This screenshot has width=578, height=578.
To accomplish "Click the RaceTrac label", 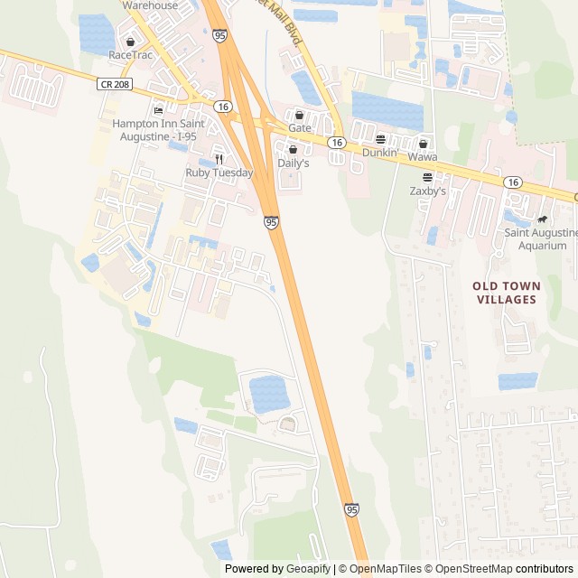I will tap(132, 55).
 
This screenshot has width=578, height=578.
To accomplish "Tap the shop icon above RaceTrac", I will tap(131, 42).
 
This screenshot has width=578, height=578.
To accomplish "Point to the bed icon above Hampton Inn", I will tap(159, 110).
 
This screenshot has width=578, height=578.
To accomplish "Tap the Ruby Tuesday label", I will tap(219, 172).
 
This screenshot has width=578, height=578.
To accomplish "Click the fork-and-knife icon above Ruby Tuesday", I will tap(219, 158).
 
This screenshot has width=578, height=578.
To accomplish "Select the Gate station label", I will tap(300, 128).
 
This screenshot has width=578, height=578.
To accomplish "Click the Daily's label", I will tap(293, 163).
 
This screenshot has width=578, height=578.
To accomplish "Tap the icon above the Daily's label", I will tap(293, 150).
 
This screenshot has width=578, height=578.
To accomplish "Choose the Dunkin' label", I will tap(380, 153).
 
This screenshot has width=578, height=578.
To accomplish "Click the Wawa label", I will tap(422, 157).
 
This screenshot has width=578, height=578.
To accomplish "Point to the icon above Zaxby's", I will tap(427, 177).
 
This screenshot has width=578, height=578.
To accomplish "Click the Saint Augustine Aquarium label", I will tap(541, 239).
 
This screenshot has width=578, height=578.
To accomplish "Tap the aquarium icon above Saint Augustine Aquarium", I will tap(542, 219).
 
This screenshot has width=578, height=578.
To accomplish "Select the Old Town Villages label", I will tap(505, 293).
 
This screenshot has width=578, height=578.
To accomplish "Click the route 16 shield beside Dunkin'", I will tap(337, 143).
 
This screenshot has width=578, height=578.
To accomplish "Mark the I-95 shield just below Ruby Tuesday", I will tap(271, 221).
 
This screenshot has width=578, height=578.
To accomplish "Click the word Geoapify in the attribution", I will tap(308, 569).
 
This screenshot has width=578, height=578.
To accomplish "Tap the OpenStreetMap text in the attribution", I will tap(471, 569).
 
